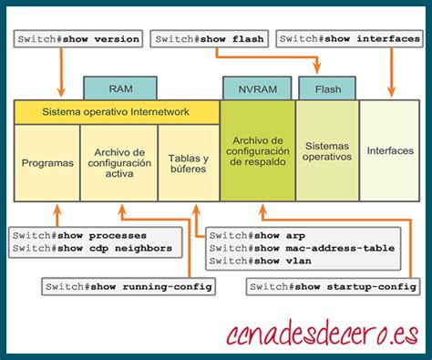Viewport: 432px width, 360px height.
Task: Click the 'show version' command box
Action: tap(78, 39)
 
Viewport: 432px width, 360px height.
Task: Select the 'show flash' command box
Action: tap(209, 39)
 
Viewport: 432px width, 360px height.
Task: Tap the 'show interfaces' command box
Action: tap(350, 39)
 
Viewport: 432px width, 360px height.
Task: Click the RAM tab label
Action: tap(120, 89)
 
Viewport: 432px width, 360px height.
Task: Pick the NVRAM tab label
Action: tap(249, 89)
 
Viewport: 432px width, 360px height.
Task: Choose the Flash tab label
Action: tap(327, 89)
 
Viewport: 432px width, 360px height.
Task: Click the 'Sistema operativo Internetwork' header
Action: tap(117, 112)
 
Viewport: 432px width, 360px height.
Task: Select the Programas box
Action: tap(46, 162)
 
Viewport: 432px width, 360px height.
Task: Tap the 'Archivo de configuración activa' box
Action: tap(118, 162)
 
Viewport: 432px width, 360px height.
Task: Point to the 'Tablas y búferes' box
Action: tap(188, 162)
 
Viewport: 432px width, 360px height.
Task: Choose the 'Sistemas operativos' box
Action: tap(327, 150)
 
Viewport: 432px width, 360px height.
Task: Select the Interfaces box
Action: tap(389, 150)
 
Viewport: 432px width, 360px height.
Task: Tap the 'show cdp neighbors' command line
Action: tap(91, 248)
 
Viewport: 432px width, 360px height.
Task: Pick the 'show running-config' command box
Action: tap(129, 286)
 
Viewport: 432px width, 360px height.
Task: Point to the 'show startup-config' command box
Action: tap(334, 286)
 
